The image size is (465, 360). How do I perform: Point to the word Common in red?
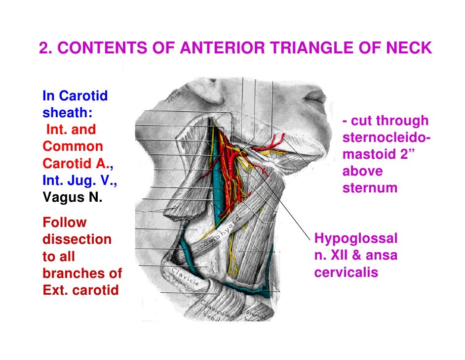73,146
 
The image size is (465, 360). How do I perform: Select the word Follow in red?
65,223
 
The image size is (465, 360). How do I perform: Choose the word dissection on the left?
77,240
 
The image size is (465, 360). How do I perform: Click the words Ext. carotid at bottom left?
81,290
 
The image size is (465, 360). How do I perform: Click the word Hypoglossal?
356,239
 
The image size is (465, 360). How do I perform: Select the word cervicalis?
346,272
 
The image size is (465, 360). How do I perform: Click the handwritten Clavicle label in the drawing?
186,277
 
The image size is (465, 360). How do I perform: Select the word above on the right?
362,172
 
